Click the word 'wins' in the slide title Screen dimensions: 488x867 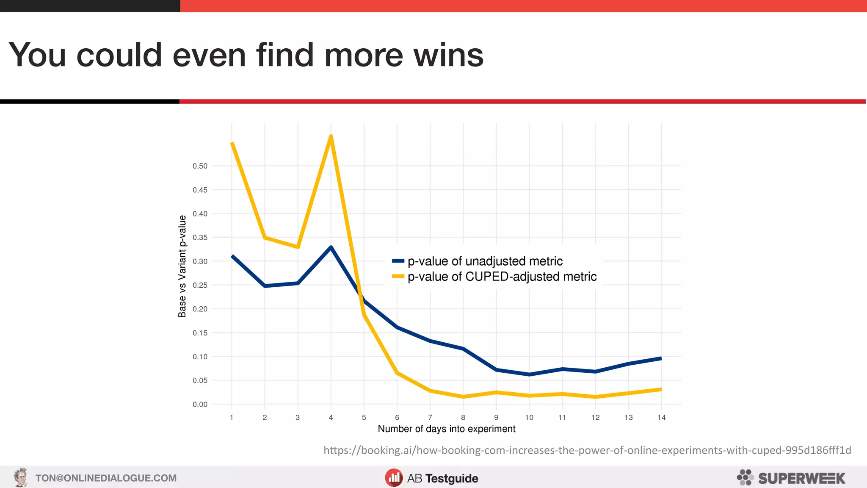448,55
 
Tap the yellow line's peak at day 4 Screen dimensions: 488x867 331,136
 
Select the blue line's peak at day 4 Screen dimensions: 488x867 331,247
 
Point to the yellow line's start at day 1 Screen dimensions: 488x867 232,143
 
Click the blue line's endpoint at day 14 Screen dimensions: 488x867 661,358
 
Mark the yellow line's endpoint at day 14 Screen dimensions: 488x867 661,389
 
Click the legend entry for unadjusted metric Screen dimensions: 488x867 485,261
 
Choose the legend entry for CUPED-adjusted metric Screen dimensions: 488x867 502,277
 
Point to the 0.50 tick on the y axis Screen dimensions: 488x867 200,166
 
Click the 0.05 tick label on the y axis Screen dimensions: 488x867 200,380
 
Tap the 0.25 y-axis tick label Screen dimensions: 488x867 200,285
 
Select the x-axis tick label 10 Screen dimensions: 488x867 529,418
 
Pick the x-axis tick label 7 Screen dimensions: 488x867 430,418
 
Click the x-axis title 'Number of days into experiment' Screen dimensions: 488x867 447,429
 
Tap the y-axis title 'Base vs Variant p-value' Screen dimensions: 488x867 182,266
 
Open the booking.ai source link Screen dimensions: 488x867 587,450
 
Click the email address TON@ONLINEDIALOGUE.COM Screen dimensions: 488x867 106,478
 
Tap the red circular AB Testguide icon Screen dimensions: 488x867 394,478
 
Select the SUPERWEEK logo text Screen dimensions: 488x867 801,478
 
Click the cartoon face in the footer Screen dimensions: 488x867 20,477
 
